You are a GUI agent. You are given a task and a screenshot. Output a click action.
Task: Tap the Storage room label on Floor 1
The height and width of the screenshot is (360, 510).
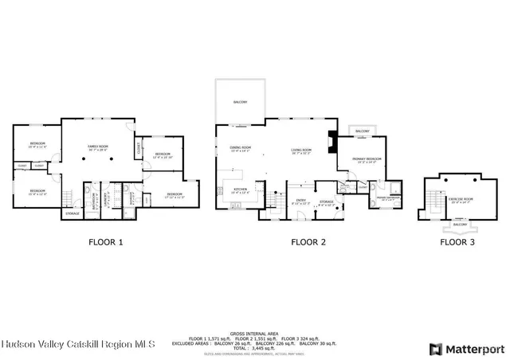(73, 213)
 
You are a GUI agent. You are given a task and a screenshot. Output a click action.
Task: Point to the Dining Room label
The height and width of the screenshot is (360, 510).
(241, 148)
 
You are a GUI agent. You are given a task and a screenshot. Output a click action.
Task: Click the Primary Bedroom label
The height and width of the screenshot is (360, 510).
(367, 160)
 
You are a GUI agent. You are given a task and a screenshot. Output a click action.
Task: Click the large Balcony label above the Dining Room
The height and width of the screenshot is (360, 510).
(240, 102)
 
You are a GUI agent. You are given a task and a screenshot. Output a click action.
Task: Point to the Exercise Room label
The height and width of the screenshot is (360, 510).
(461, 199)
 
